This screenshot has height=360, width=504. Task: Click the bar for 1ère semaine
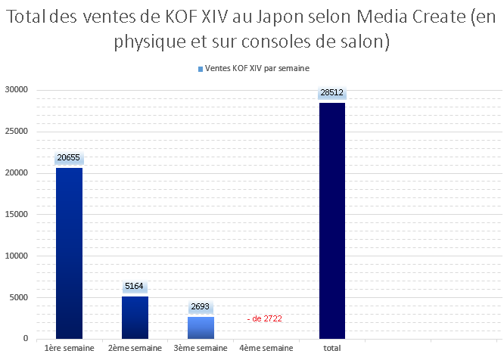coord(69,253)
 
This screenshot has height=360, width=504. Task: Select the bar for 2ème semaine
coord(135,317)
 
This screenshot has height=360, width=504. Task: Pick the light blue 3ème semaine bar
coord(201,327)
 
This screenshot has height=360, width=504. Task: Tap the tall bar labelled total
coord(332,220)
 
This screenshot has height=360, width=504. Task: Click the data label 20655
coord(68,159)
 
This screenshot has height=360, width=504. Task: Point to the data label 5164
coord(135,287)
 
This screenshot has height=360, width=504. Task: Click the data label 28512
coord(332,93)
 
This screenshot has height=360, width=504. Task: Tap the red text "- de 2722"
coord(264,319)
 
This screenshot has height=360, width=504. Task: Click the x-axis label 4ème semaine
coord(266,348)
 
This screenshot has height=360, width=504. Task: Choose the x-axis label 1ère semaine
coord(69,348)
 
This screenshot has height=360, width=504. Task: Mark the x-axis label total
coord(332,348)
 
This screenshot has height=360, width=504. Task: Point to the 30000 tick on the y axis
coord(17,90)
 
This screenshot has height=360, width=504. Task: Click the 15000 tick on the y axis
coord(17,214)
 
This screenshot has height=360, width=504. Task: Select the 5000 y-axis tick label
coord(19,297)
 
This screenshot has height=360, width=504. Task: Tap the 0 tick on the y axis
coord(26,339)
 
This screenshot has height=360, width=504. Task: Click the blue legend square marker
coord(200,69)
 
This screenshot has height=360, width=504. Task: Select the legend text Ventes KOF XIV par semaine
coord(257,68)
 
